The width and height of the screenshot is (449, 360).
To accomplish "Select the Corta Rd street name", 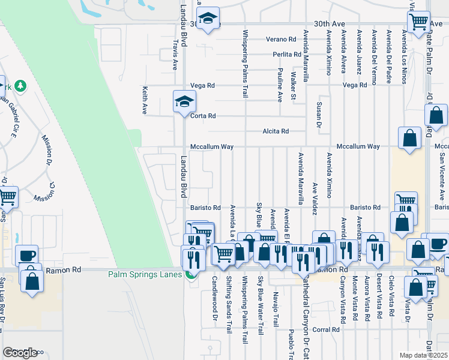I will click(203, 116).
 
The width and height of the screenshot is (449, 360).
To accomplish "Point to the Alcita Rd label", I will click(276, 131).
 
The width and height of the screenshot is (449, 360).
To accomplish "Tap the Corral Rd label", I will click(327, 329).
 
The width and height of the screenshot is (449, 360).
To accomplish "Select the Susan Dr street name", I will click(318, 115).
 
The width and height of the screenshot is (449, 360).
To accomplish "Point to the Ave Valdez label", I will click(315, 198).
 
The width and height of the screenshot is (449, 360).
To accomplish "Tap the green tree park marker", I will click(21, 86).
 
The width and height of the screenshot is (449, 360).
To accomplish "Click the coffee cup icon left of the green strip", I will click(26, 254).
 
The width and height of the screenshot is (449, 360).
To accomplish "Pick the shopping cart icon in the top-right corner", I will click(418, 22).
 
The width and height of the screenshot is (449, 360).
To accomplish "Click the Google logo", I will click(20, 353).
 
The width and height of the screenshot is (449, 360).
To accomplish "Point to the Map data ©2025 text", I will click(423, 355).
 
